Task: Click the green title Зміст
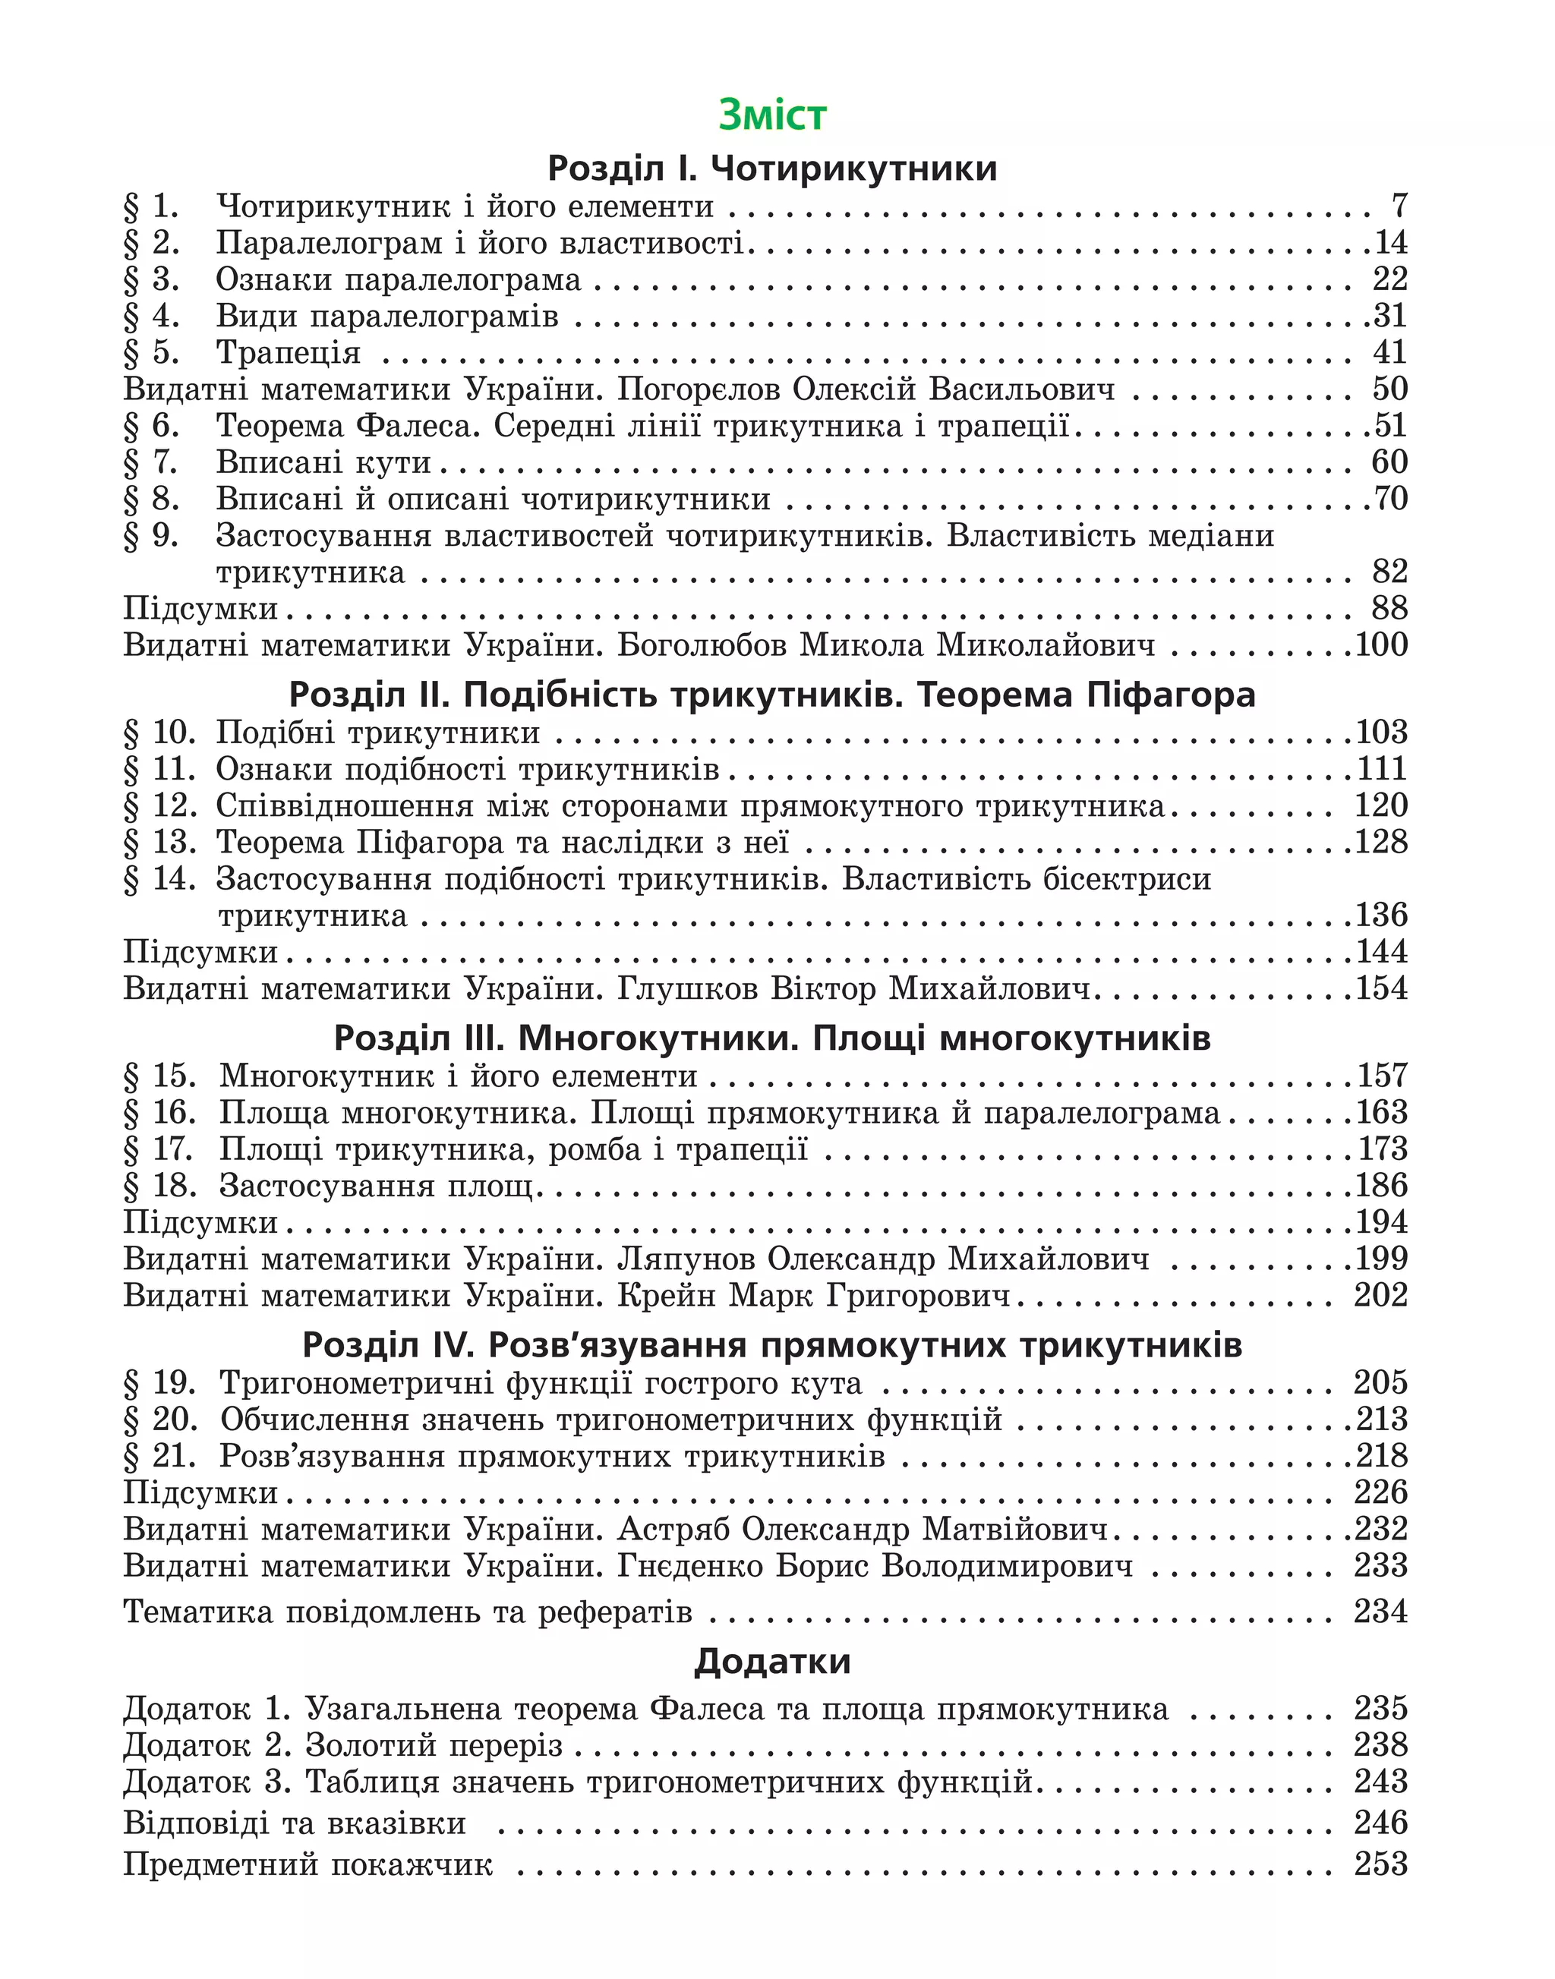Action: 772,115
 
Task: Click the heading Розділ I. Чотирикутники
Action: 772,169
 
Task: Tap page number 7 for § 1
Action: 1399,206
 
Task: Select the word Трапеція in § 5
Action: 288,352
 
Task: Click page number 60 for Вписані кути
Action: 1389,462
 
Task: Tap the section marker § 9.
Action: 151,535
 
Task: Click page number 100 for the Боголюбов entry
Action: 1381,644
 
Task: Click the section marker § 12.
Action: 159,805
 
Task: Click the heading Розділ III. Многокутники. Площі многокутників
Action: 772,1038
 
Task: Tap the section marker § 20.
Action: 159,1420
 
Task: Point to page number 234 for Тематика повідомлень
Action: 1380,1612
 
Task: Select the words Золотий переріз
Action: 434,1745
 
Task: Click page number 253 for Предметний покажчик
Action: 1380,1864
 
